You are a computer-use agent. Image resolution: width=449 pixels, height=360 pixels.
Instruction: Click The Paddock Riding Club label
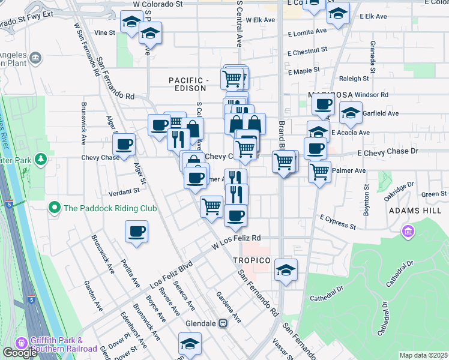click(110, 208)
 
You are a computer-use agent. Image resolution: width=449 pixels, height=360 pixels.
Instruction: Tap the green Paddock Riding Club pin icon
click(55, 208)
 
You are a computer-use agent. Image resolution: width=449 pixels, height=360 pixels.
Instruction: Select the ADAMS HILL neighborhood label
click(415, 211)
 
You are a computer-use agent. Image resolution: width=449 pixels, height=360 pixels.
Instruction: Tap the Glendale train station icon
click(223, 323)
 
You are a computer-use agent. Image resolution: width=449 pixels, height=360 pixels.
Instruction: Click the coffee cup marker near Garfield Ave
click(323, 104)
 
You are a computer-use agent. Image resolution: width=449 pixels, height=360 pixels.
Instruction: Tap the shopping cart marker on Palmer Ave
click(320, 171)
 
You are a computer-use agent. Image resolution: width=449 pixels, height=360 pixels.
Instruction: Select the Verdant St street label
click(124, 192)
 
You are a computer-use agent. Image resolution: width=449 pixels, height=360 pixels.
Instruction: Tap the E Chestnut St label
click(307, 51)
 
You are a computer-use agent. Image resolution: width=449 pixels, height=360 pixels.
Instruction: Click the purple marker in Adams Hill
click(409, 231)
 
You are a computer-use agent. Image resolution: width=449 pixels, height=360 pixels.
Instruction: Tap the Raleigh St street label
click(354, 79)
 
